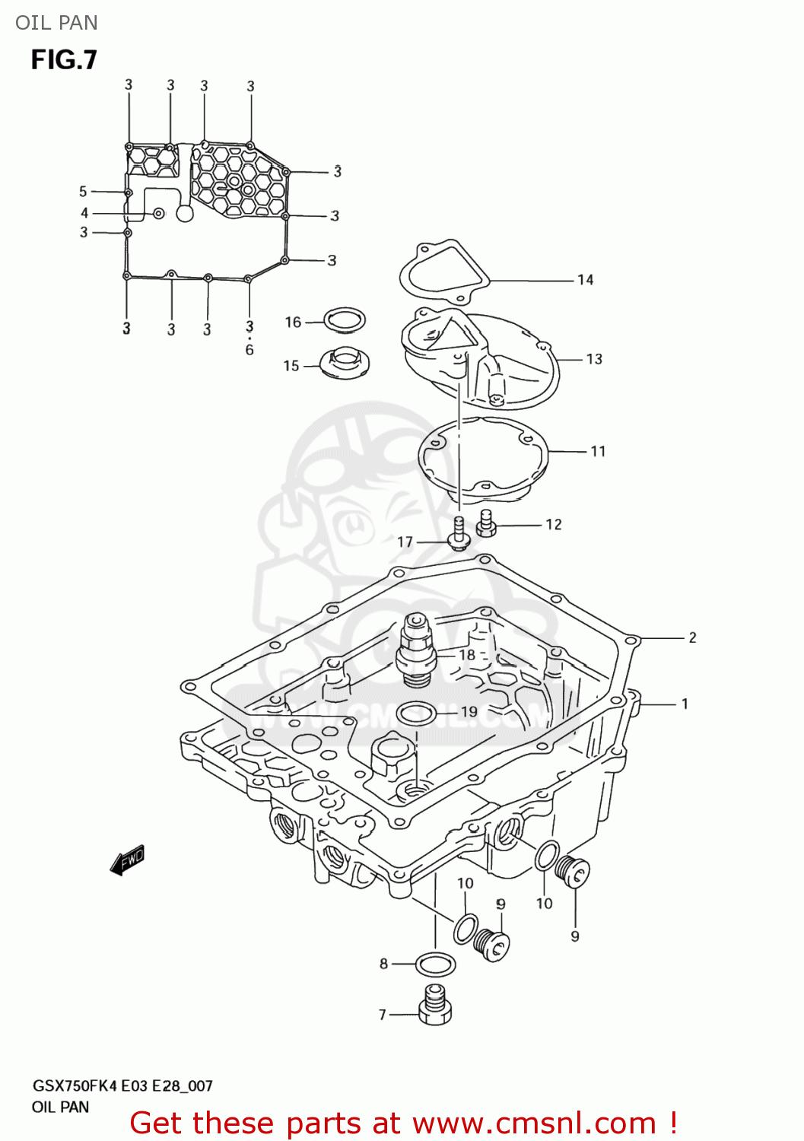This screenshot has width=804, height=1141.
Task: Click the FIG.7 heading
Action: point(64,59)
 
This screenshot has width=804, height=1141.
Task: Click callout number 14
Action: point(585,280)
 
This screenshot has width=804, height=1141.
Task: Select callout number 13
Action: point(594,359)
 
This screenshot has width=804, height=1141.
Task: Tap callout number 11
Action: point(598,451)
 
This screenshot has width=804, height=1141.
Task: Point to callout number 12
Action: point(554,524)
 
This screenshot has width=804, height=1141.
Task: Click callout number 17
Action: point(405,542)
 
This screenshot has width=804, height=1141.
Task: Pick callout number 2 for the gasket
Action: point(692,637)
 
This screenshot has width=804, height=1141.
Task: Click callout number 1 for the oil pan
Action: point(685,704)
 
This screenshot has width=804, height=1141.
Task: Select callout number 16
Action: point(293,322)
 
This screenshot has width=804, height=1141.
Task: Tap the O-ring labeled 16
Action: point(345,319)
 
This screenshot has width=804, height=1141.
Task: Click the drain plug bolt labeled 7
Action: point(435,1006)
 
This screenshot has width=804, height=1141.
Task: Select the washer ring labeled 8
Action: point(436,965)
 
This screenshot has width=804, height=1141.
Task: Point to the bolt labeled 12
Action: point(486,523)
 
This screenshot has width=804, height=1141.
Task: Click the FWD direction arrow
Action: point(127,860)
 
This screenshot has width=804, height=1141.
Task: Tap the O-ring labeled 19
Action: point(416,714)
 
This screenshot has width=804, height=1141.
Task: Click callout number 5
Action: point(83,191)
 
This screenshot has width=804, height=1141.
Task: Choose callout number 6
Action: point(249,350)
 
